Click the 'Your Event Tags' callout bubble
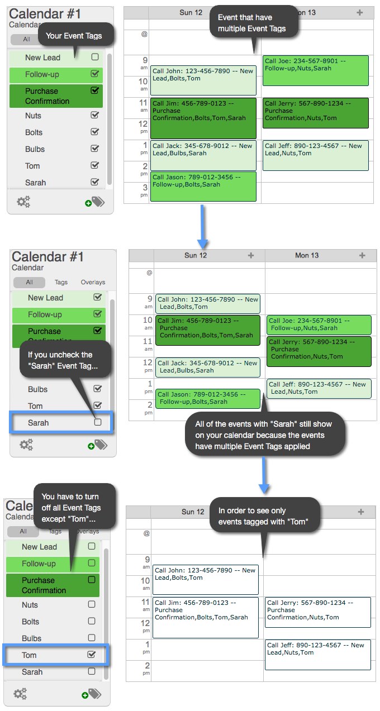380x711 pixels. pyautogui.click(x=76, y=35)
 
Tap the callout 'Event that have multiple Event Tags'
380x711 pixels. pyautogui.click(x=253, y=22)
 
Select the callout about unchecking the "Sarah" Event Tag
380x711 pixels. pyautogui.click(x=65, y=360)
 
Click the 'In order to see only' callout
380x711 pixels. pyautogui.click(x=264, y=516)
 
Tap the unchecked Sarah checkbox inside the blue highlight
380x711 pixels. pyautogui.click(x=98, y=422)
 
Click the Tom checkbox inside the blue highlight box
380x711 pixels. pyautogui.click(x=92, y=655)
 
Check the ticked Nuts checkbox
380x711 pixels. pyautogui.click(x=94, y=115)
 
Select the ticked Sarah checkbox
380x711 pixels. pyautogui.click(x=94, y=182)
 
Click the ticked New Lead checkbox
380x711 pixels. pyautogui.click(x=97, y=297)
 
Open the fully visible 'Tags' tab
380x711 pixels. pyautogui.click(x=61, y=282)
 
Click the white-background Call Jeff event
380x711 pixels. pyautogui.click(x=318, y=655)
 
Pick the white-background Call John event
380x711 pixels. pyautogui.click(x=206, y=580)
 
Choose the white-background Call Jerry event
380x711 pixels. pyautogui.click(x=318, y=612)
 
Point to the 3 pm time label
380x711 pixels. pyautogui.click(x=144, y=190)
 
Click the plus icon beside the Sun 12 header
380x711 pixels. pyautogui.click(x=251, y=255)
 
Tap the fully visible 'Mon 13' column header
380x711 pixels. pyautogui.click(x=307, y=255)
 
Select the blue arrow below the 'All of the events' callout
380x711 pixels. pyautogui.click(x=264, y=475)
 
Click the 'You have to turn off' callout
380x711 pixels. pyautogui.click(x=75, y=508)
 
